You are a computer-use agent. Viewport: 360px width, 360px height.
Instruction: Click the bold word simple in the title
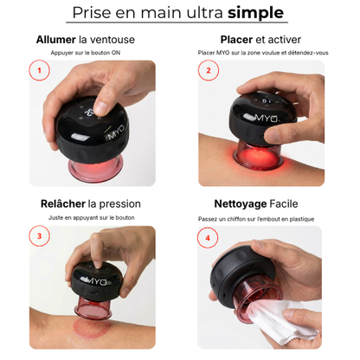coord(255,13)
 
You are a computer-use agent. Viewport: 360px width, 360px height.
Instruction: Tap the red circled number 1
coord(39,70)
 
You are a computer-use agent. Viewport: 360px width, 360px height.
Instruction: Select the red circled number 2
coord(209,70)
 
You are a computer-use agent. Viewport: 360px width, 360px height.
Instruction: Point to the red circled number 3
coord(39,236)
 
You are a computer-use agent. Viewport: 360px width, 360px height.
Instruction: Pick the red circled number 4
coord(208,238)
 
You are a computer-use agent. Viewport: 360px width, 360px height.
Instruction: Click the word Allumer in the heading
coord(56,40)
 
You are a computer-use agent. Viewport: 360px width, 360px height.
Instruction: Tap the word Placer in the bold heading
coord(236,40)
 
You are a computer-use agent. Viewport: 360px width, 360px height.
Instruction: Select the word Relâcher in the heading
coord(63,203)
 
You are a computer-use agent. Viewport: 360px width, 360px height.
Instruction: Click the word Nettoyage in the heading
coord(241,204)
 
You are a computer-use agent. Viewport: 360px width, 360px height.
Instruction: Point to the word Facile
coord(284,204)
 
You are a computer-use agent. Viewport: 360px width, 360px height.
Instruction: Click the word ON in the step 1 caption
coord(116,53)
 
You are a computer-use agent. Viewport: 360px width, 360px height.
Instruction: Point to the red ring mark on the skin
coord(92,328)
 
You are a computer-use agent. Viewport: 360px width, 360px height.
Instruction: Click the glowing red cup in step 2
coord(258,156)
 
